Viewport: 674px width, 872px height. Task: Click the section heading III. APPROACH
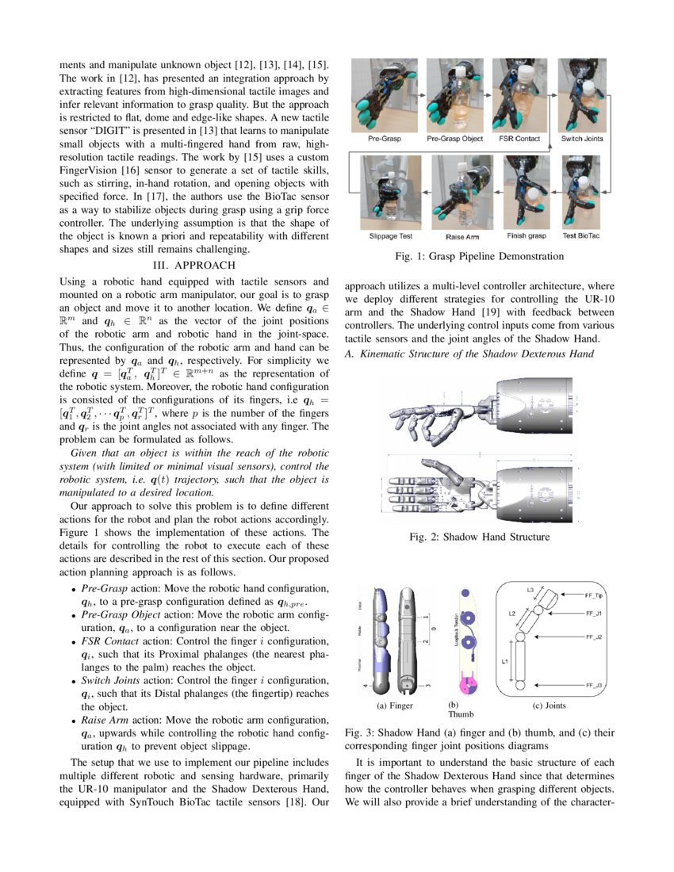[x=194, y=266]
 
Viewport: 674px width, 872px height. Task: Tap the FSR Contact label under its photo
[x=519, y=139]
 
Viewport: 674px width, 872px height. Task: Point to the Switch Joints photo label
[x=582, y=139]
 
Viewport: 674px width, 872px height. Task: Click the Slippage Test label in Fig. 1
[x=391, y=236]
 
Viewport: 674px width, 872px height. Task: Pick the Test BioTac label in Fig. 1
[x=581, y=235]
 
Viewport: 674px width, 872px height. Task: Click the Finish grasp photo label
[x=527, y=235]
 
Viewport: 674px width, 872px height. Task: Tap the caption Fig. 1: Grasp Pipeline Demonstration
[x=480, y=256]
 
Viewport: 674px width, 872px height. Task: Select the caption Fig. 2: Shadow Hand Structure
[x=479, y=537]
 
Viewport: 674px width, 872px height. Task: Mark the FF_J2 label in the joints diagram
[x=594, y=637]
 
